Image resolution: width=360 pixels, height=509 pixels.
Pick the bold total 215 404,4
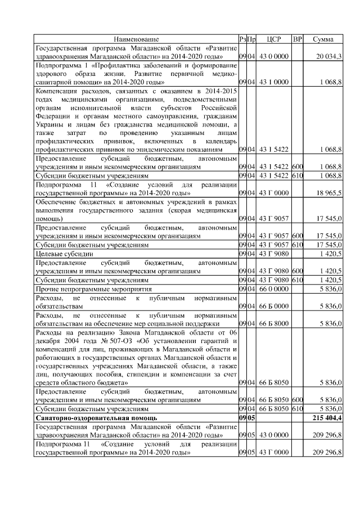[326, 418]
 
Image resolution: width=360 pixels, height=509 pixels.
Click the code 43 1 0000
[274, 82]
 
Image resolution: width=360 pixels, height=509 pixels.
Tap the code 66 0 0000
[274, 289]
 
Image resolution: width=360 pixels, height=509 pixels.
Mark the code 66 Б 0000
[274, 307]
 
